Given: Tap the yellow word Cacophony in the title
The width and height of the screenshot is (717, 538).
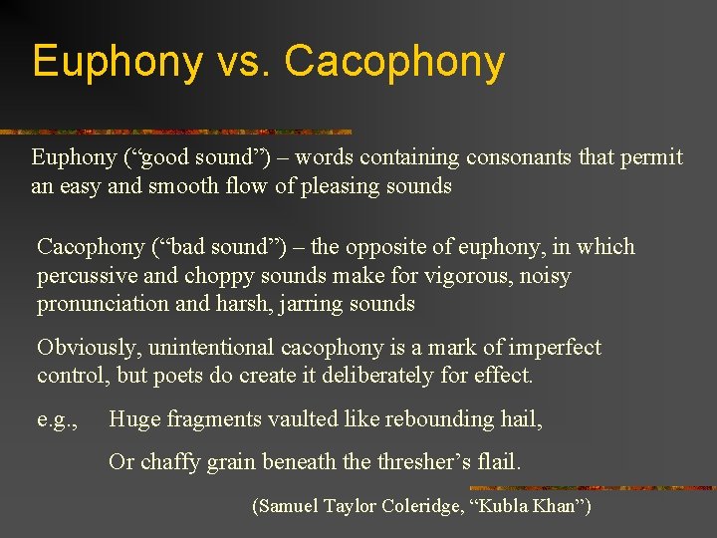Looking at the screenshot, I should coord(394,62).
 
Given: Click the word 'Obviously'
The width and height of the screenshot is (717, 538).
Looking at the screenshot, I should coord(82,348).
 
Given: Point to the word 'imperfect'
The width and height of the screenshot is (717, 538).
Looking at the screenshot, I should coord(554,348).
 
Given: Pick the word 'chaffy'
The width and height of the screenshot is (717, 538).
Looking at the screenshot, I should coord(175,463).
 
